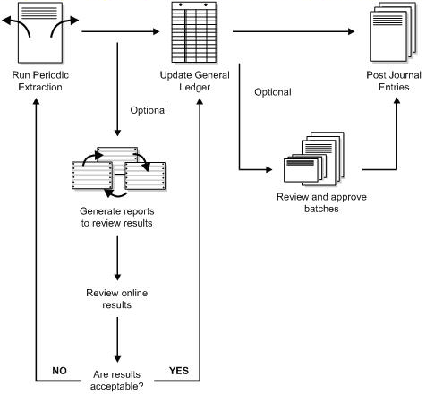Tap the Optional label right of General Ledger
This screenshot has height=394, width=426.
coord(272,92)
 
